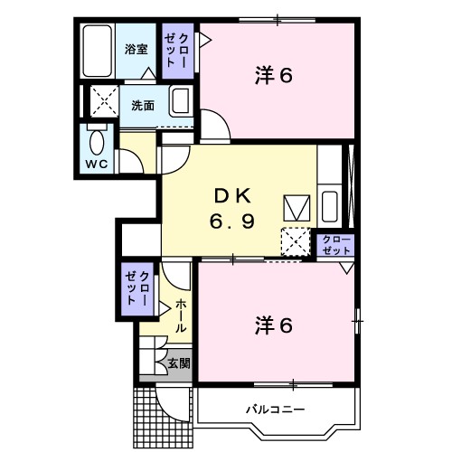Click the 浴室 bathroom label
[x=137, y=50]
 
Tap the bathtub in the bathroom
[x=98, y=51]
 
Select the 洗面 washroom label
[x=143, y=106]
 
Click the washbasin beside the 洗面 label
[x=181, y=101]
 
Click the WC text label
[x=97, y=165]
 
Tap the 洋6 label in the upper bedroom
[x=274, y=75]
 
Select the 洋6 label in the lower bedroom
[x=274, y=325]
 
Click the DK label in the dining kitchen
[x=232, y=196]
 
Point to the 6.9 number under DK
[x=232, y=221]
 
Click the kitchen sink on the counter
[x=329, y=206]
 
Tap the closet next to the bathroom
[x=178, y=51]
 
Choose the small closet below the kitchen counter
[x=335, y=246]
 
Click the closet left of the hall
[x=137, y=289]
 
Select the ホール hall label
[x=181, y=315]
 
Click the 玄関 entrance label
[x=179, y=363]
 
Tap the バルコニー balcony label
[x=276, y=410]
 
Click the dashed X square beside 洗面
[x=104, y=101]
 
